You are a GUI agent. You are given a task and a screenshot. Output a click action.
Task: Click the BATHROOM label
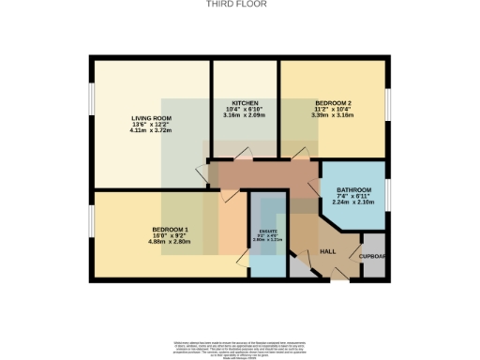tap(353, 191)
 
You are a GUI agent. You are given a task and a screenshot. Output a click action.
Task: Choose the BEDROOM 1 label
tap(171, 229)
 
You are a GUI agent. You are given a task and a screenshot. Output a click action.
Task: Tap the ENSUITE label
tap(268, 231)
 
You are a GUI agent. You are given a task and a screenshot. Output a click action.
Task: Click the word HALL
tap(328, 252)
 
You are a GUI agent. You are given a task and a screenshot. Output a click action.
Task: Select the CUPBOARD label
tap(373, 255)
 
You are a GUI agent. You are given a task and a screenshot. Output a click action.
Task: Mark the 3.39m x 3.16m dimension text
tap(333, 115)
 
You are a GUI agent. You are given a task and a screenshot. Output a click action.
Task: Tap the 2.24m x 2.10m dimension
tap(353, 204)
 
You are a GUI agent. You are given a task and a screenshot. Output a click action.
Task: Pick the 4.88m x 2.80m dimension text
tap(171, 242)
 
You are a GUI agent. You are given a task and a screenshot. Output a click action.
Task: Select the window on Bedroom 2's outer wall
tap(387, 100)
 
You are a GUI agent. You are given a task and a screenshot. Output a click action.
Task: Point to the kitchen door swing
tap(246, 152)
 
